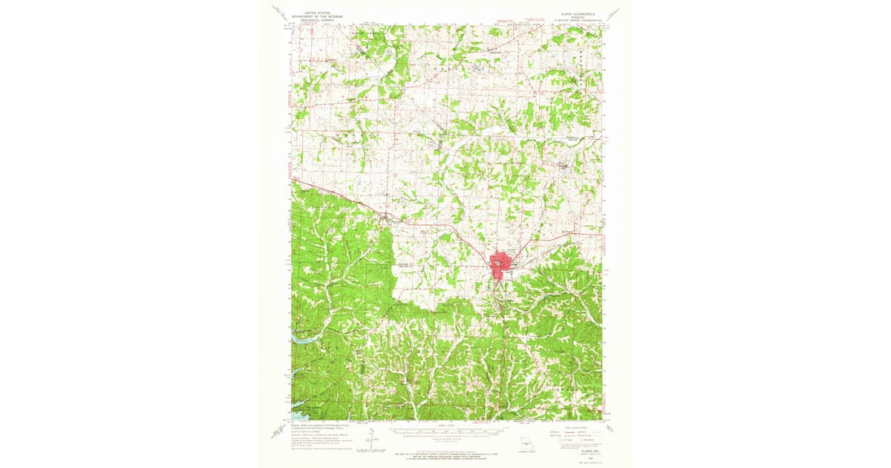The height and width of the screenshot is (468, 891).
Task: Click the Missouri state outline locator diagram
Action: click(526, 442)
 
